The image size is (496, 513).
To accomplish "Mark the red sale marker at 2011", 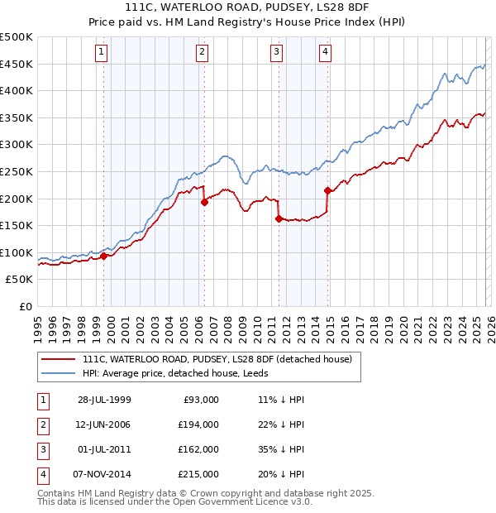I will click(x=279, y=218).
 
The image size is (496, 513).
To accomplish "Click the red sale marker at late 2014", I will click(x=328, y=190).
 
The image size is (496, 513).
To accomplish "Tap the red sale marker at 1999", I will click(x=104, y=256).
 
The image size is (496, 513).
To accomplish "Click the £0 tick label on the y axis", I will click(x=25, y=306).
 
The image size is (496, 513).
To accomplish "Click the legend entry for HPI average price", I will click(x=189, y=373).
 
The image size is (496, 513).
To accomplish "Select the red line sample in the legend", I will click(x=59, y=359).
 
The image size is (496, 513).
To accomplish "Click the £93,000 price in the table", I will click(x=199, y=400).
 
